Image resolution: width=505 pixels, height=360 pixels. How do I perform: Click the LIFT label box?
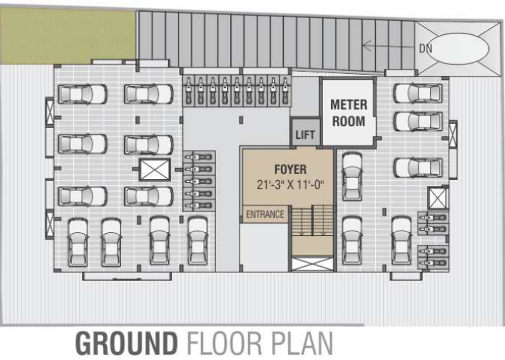(306, 134)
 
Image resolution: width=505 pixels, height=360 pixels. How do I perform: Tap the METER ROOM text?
(348, 113)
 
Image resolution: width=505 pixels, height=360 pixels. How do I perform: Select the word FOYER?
(290, 169)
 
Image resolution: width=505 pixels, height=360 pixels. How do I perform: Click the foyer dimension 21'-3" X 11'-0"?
(290, 184)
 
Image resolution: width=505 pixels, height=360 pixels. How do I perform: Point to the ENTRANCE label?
(265, 215)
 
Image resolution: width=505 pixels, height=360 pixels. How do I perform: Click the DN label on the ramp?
(425, 48)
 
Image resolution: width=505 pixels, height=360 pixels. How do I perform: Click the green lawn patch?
(68, 35)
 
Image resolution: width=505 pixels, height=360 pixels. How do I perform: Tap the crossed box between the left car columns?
(155, 170)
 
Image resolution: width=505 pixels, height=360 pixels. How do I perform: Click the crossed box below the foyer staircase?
(313, 264)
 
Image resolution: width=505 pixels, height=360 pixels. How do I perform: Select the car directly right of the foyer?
(352, 169)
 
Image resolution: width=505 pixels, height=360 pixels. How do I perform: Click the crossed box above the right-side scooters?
(437, 197)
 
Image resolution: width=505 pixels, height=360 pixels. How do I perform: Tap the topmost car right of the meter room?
(418, 93)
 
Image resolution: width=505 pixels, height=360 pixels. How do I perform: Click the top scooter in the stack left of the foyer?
(199, 157)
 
